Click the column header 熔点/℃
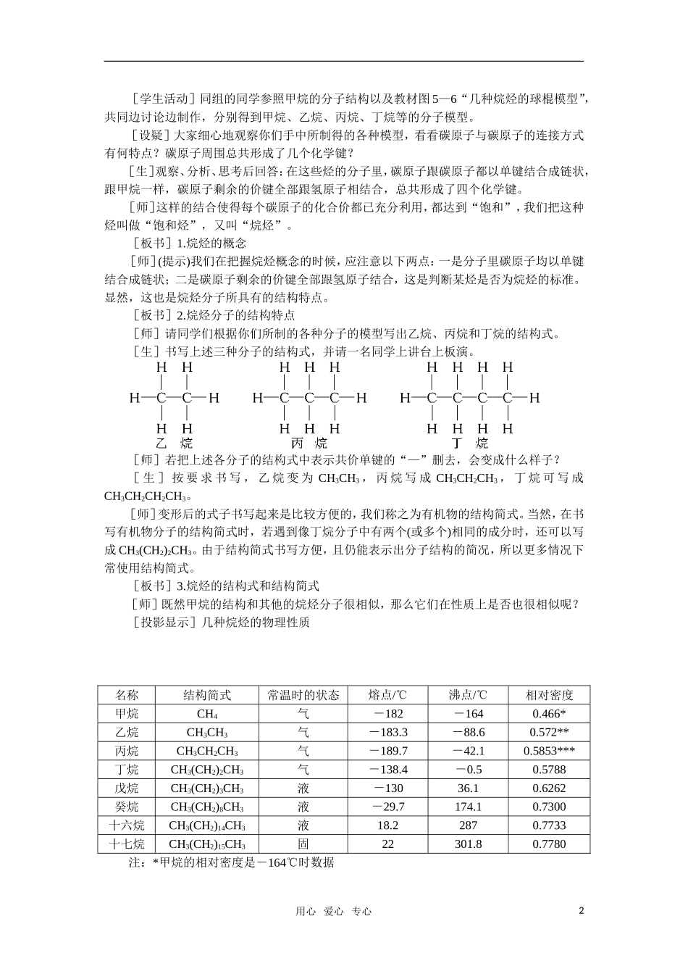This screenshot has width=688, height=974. click(387, 695)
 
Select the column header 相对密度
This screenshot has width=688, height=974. click(549, 695)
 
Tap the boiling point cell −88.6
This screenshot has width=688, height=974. click(468, 733)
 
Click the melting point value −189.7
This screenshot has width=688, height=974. click(388, 752)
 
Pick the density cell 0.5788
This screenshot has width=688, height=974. click(549, 770)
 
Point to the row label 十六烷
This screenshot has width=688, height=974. click(127, 825)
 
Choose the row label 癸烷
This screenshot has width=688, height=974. click(127, 807)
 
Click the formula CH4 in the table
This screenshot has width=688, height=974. click(207, 714)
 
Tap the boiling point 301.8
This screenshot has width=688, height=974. click(468, 844)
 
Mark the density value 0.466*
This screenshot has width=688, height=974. click(549, 714)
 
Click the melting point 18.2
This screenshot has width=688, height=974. click(388, 825)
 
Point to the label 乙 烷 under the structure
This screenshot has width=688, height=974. click(174, 444)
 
